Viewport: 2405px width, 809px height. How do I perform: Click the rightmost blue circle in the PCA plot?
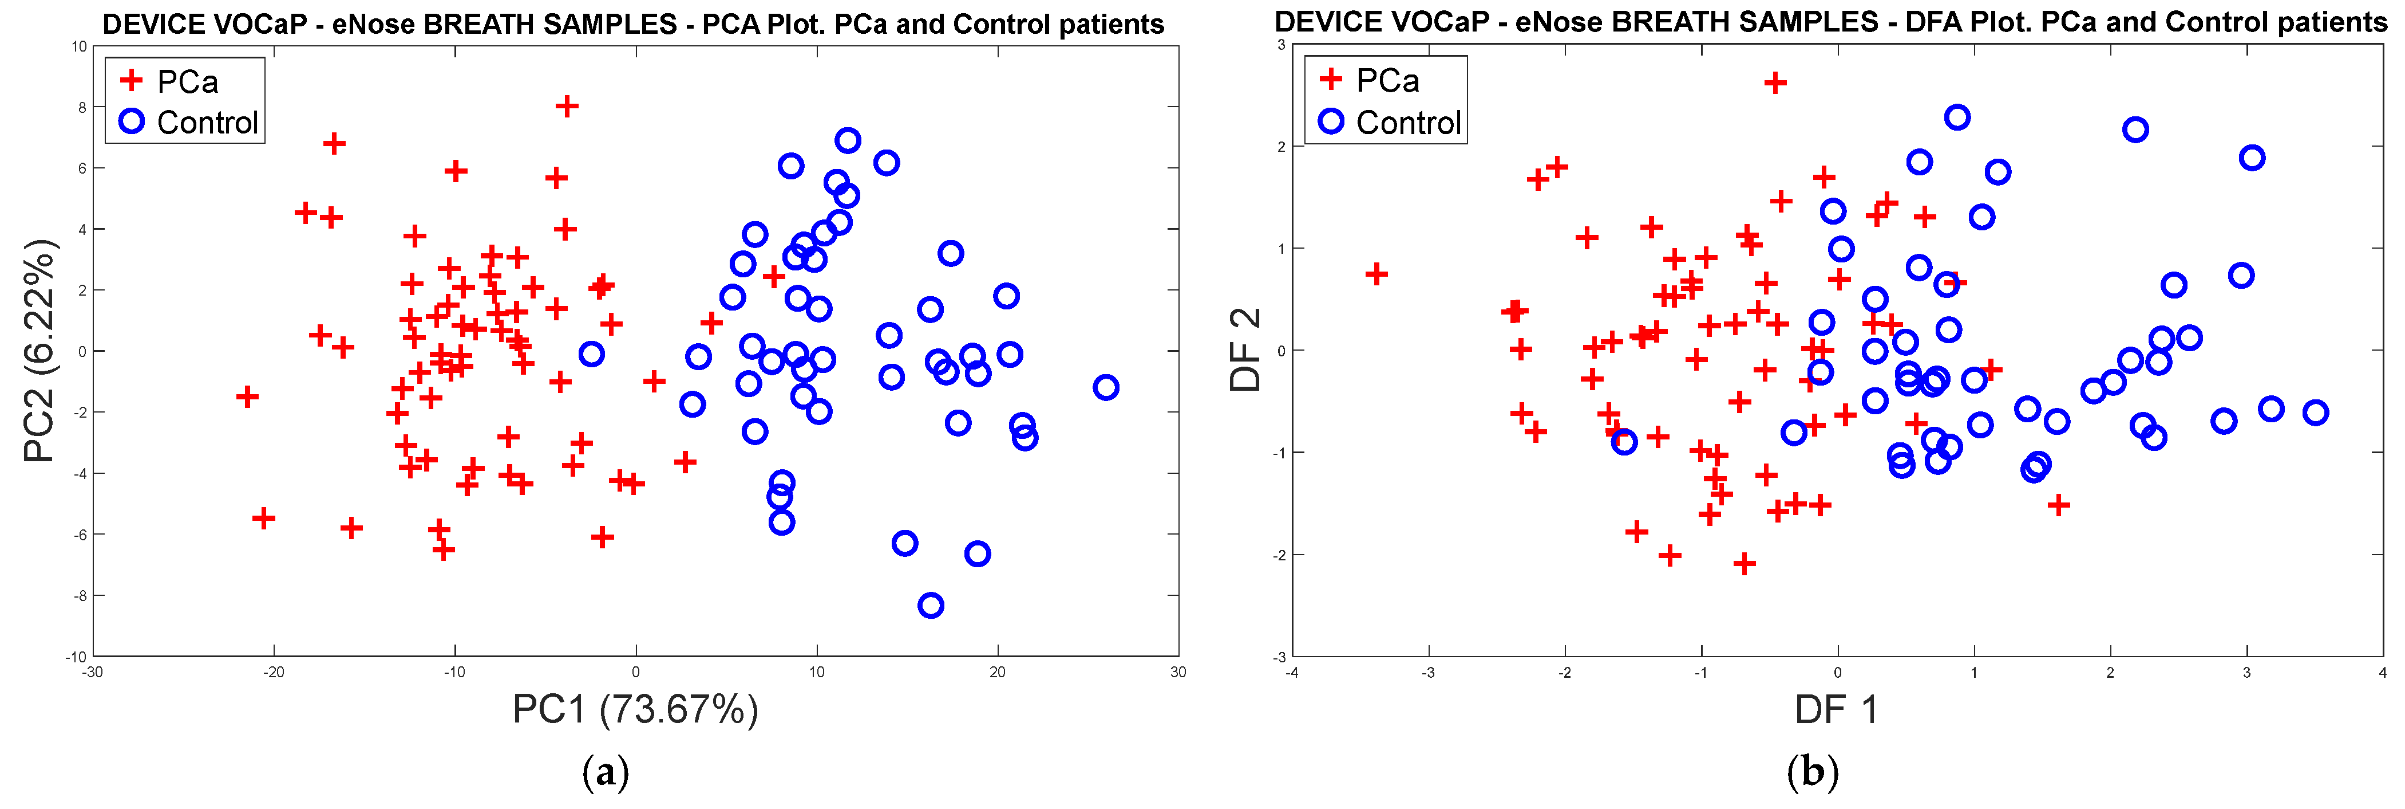pyautogui.click(x=1105, y=387)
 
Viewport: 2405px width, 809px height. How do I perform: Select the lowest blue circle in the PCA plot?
pyautogui.click(x=930, y=606)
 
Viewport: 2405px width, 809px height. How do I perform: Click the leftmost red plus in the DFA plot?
pyautogui.click(x=1375, y=274)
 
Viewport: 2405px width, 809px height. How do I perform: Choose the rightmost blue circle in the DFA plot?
pyautogui.click(x=2315, y=412)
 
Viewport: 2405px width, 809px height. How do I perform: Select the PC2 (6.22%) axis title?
pyautogui.click(x=40, y=351)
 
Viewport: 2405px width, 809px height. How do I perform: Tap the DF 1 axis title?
pyautogui.click(x=1836, y=710)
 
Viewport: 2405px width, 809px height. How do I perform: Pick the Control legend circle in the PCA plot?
pyautogui.click(x=132, y=121)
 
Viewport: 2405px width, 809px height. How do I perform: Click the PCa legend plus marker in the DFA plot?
pyautogui.click(x=1330, y=80)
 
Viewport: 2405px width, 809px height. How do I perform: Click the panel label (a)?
pyautogui.click(x=605, y=772)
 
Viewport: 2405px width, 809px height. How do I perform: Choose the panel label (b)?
pyautogui.click(x=1812, y=772)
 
